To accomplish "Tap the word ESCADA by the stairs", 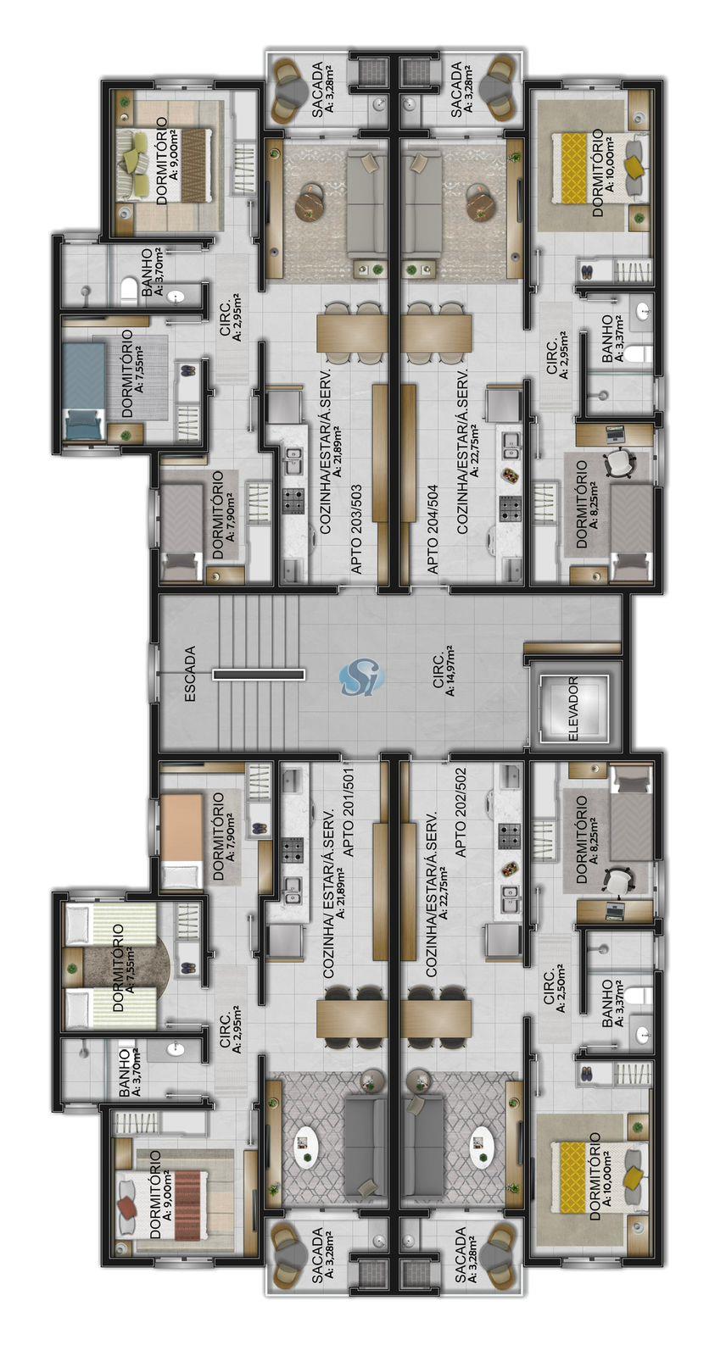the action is [190, 674].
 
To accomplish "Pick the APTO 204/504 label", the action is [432, 529].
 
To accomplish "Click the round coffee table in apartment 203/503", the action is [310, 203].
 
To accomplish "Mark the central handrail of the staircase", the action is [258, 674].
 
